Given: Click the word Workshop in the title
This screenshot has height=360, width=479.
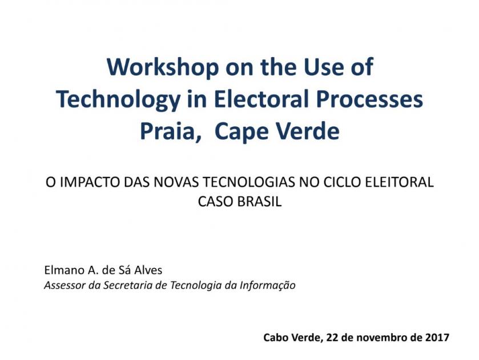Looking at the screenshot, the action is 163,67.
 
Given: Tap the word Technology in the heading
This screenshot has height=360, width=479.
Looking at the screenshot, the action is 118,99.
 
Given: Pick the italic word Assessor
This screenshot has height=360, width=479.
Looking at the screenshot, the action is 65,285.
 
